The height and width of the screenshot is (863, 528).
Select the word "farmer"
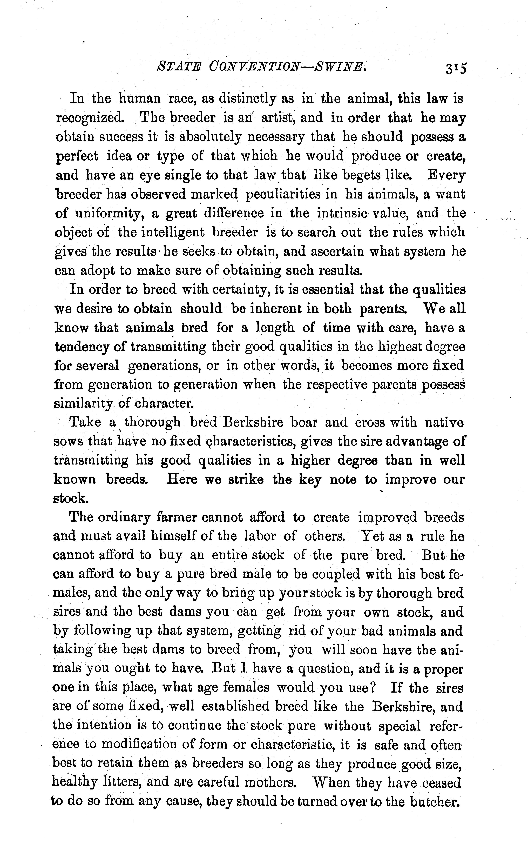[175, 517]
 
